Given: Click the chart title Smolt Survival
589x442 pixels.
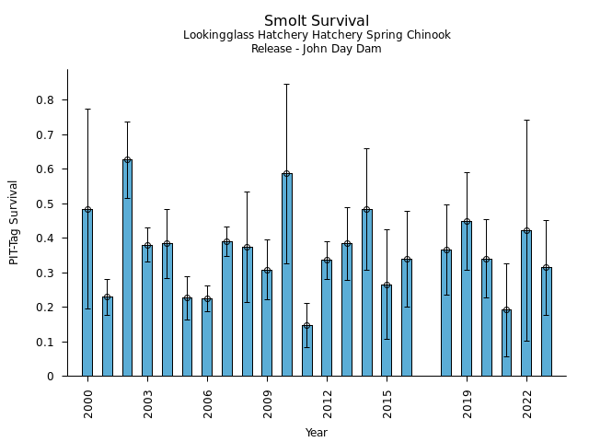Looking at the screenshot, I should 317,21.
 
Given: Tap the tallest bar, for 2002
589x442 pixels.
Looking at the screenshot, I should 127,267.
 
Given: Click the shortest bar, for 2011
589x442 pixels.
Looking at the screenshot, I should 306,351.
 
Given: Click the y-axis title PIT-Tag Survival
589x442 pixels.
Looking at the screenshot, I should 14,223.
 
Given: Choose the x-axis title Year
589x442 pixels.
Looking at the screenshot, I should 317,433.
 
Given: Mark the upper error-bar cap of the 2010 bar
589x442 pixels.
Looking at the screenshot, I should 287,84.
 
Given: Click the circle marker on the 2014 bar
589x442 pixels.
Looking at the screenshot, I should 367,210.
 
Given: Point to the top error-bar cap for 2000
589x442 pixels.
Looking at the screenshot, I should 87,109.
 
